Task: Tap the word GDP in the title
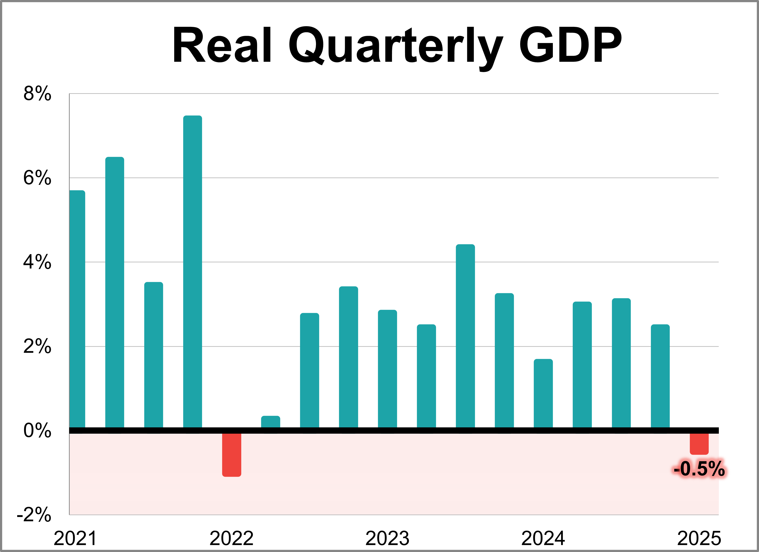(x=570, y=45)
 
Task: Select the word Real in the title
(x=222, y=45)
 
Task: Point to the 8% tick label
(x=37, y=93)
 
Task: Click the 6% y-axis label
(x=37, y=178)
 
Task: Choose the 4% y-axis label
(x=37, y=262)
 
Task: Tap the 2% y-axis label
(x=37, y=347)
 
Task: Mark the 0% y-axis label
(x=37, y=431)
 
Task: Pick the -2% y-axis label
(x=34, y=515)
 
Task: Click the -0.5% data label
(x=699, y=469)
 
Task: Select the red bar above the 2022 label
(x=232, y=454)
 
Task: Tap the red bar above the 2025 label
(x=699, y=444)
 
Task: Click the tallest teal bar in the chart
(x=192, y=271)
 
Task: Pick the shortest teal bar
(x=271, y=422)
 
